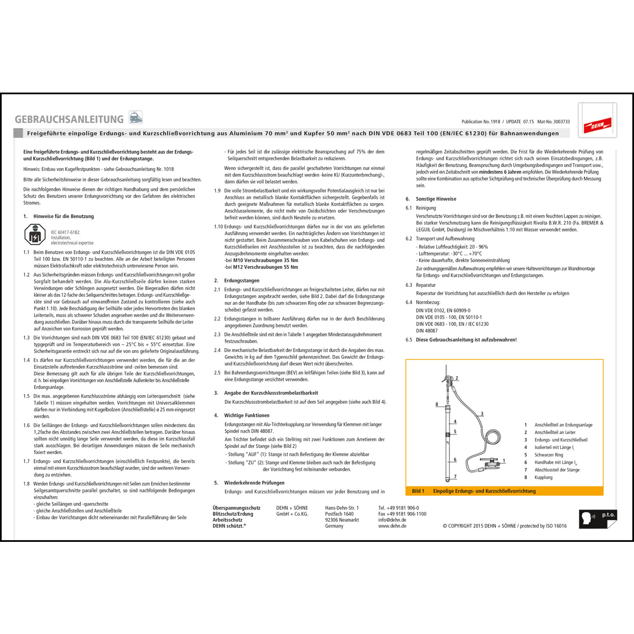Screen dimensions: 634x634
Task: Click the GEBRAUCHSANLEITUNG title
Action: [69, 119]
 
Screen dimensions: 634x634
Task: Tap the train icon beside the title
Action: [136, 117]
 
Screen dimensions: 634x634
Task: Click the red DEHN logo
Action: [597, 125]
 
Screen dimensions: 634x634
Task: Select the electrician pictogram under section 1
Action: [35, 234]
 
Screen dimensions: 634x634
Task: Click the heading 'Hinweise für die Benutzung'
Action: [63, 216]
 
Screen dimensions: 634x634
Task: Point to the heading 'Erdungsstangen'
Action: [242, 281]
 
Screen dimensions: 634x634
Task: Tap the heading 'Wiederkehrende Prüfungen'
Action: [254, 483]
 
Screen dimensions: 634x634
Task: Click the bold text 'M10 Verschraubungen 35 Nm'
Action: [265, 260]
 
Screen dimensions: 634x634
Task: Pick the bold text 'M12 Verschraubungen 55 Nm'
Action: [265, 267]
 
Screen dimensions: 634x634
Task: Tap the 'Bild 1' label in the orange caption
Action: [418, 491]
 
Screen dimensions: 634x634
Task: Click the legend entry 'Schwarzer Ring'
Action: [549, 455]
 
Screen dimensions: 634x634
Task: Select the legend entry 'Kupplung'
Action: [543, 477]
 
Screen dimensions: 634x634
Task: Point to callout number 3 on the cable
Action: [482, 414]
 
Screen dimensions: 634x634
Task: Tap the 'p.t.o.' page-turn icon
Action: [598, 519]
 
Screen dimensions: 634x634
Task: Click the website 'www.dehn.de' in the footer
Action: [392, 526]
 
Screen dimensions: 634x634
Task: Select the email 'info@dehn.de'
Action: [392, 520]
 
